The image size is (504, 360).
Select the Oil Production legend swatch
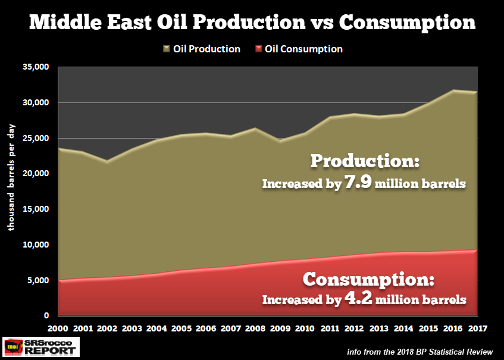tap(167, 49)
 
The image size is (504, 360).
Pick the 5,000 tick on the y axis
tap(38, 280)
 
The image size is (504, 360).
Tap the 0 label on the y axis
tap(47, 315)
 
